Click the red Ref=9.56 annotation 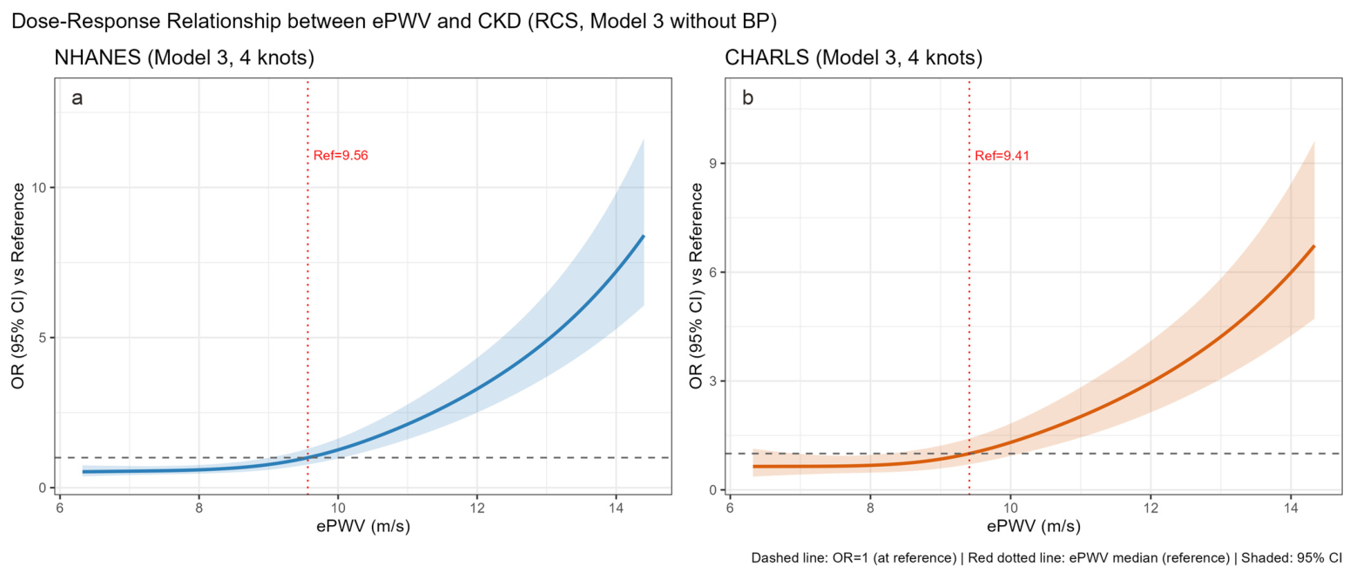tap(341, 156)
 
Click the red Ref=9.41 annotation tap(1002, 156)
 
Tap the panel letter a tap(78, 98)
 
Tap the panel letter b tap(747, 98)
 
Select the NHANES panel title tap(185, 57)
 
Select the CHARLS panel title tap(854, 57)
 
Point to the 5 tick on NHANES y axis tap(42, 337)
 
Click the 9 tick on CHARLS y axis tap(712, 164)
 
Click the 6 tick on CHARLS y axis tap(712, 273)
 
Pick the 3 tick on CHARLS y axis tap(712, 381)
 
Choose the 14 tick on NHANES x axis tap(615, 508)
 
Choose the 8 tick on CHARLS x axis tap(870, 508)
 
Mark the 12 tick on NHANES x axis tap(476, 508)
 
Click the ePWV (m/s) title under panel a tap(363, 527)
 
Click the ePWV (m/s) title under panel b tap(1034, 527)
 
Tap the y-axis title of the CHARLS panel tap(697, 286)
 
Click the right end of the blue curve tap(644, 236)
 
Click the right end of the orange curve tap(1313, 246)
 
